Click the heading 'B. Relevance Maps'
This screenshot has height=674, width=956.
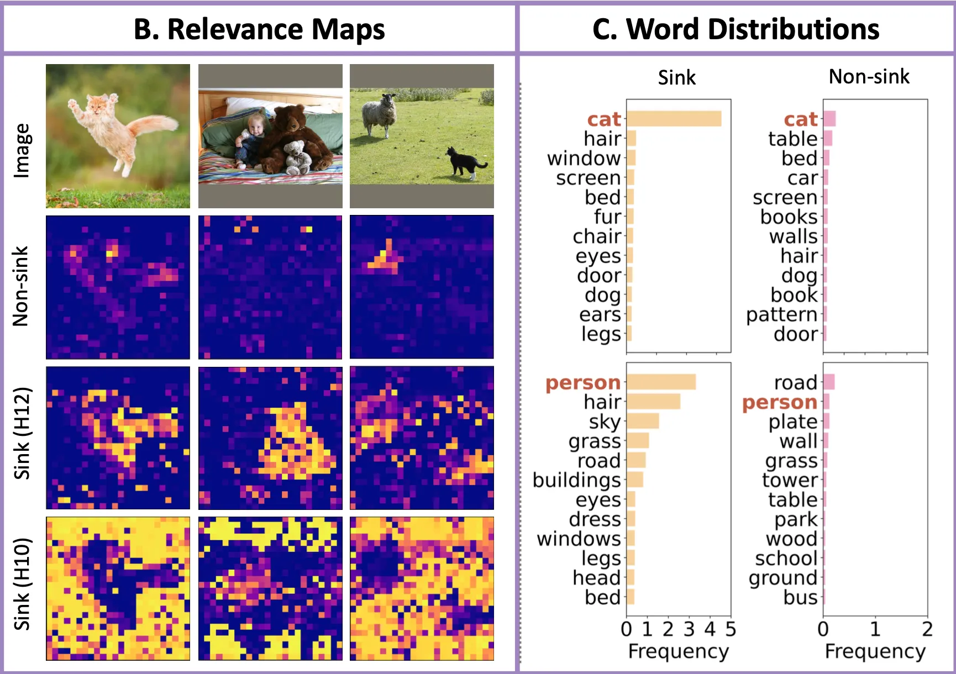tap(259, 29)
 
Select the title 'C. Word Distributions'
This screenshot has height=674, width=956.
tap(736, 29)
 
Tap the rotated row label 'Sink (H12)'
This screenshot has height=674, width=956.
tap(22, 434)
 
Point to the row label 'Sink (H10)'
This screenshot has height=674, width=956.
tap(22, 584)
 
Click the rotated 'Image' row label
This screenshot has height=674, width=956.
tap(22, 150)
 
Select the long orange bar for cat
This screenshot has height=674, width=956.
tap(674, 119)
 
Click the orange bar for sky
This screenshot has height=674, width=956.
tap(643, 421)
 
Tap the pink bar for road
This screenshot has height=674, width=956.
tap(829, 382)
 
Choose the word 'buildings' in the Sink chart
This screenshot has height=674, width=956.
tap(577, 480)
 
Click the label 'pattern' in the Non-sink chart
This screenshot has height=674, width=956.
tap(781, 315)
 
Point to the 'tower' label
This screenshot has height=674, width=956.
tap(790, 480)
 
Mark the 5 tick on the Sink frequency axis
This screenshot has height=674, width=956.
tap(731, 629)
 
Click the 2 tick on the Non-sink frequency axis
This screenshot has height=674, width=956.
tap(927, 629)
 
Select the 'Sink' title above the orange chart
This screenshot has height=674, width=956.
tap(677, 77)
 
